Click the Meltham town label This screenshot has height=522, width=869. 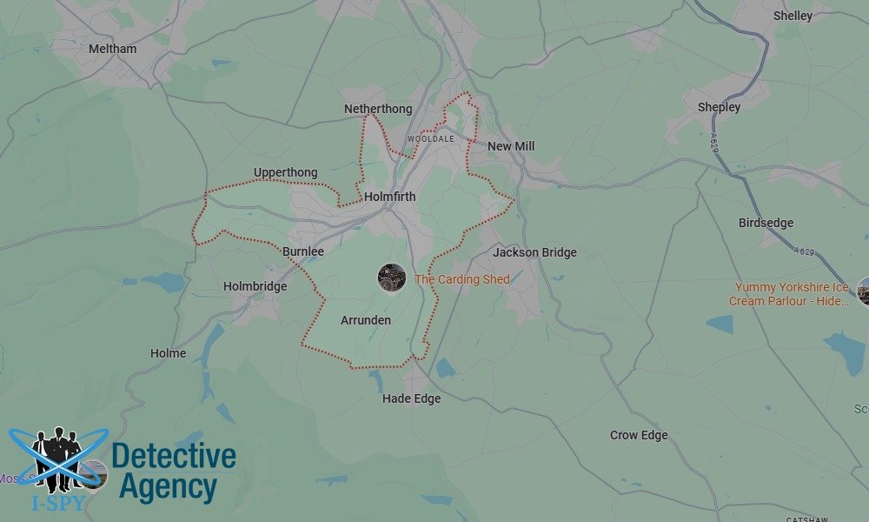112,49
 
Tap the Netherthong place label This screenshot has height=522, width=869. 378,109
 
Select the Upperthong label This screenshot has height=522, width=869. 286,172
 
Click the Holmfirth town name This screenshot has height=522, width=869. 390,197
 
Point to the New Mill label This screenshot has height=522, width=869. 511,146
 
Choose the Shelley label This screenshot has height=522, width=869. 793,16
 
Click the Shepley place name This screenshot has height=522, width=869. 719,107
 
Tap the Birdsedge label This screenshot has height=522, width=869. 766,223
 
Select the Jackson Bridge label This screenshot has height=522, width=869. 534,252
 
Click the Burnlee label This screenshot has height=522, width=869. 303,251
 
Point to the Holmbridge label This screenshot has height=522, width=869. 255,286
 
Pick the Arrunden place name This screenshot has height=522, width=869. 366,320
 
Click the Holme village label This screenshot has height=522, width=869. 168,353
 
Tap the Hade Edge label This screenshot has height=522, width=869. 412,398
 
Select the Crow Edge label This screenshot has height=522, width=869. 639,435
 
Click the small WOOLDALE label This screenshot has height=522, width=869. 431,139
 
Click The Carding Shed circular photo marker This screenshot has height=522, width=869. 392,278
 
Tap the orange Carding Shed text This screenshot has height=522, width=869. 462,279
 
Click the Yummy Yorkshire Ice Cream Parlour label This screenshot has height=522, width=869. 792,294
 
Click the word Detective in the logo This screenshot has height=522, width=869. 174,455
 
